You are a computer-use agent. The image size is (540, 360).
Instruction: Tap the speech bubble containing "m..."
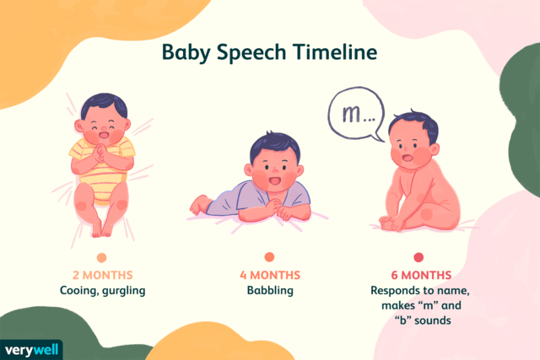pyautogui.click(x=354, y=113)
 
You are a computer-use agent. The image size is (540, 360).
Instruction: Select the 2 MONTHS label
pyautogui.click(x=101, y=276)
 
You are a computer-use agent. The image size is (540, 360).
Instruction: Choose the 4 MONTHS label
pyautogui.click(x=270, y=276)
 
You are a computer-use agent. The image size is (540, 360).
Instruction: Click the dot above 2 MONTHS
pyautogui.click(x=101, y=257)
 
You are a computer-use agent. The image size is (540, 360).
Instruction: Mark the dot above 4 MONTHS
pyautogui.click(x=270, y=257)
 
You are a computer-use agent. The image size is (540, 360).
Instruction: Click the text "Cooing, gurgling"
pyautogui.click(x=101, y=291)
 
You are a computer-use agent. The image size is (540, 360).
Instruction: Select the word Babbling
pyautogui.click(x=270, y=291)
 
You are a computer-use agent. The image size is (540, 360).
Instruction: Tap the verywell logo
pyautogui.click(x=32, y=348)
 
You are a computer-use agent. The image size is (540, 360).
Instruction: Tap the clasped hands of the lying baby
pyautogui.click(x=106, y=153)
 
